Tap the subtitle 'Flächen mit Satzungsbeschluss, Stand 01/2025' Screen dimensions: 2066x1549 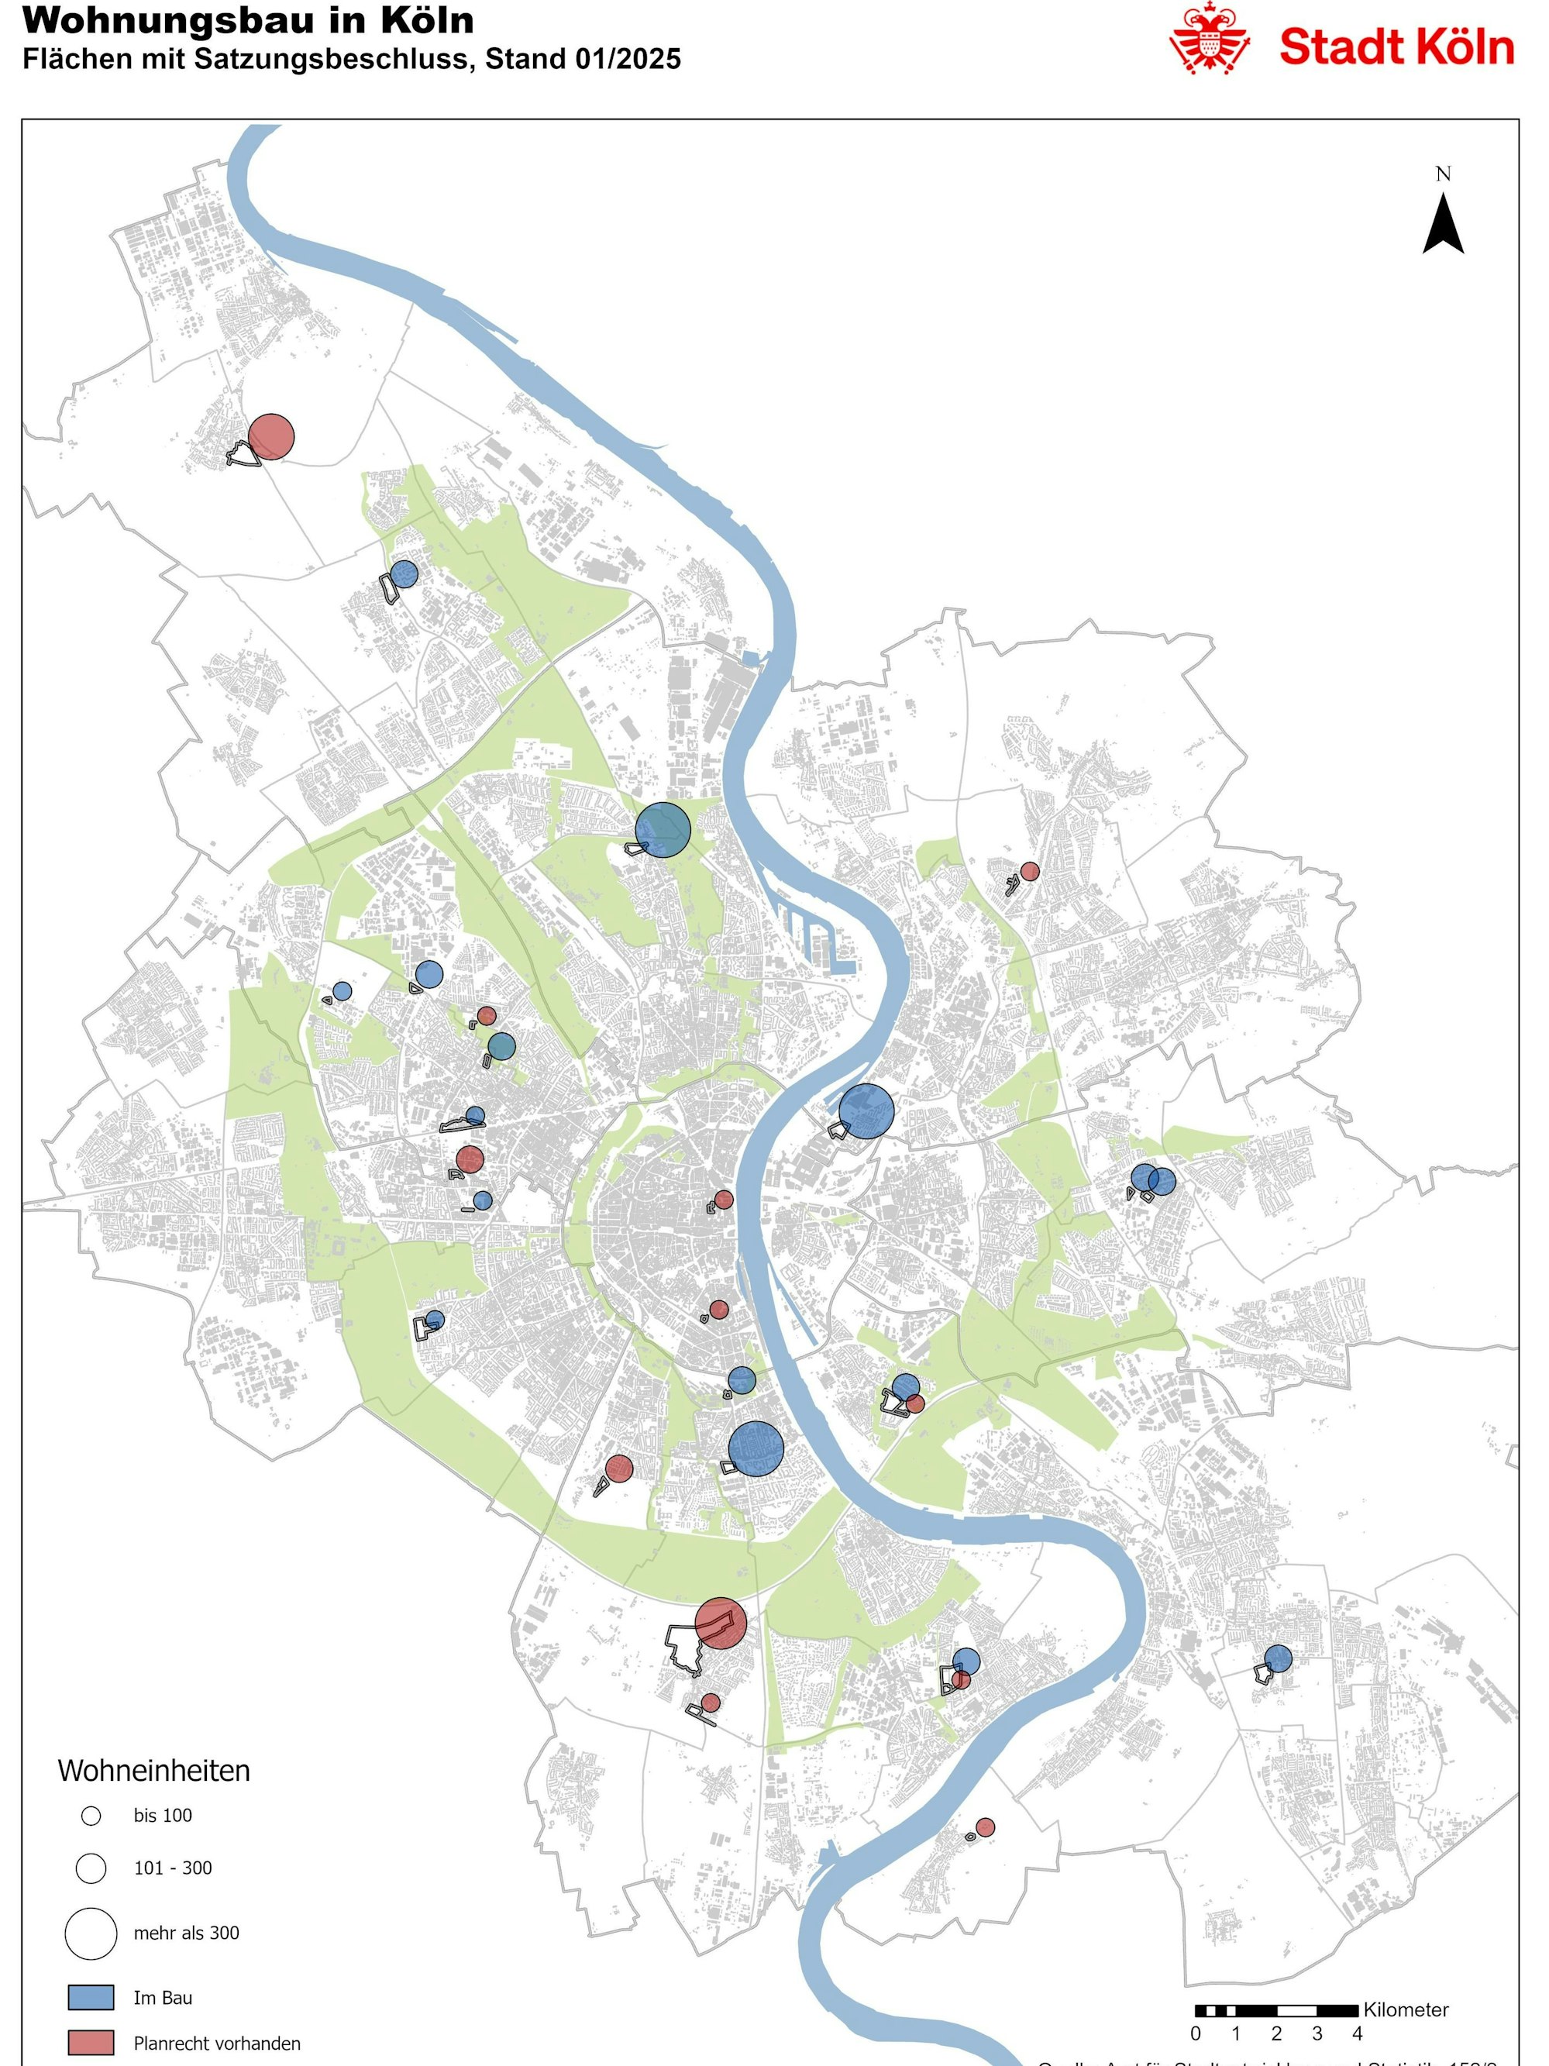click(351, 59)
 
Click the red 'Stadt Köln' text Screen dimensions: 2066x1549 click(1395, 46)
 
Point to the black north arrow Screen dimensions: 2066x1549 click(1443, 224)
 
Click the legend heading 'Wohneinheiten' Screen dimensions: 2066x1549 click(154, 1771)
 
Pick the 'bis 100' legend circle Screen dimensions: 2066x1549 click(91, 1816)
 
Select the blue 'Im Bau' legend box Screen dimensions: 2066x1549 click(91, 1998)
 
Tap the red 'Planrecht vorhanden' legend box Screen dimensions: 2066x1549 click(91, 2043)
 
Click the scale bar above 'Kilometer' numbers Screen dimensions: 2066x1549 click(1275, 2010)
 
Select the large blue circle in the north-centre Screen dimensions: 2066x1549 click(663, 830)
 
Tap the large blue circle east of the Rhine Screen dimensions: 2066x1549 click(866, 1111)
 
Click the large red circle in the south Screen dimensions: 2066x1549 click(721, 1624)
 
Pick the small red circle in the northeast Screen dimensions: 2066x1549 click(1030, 871)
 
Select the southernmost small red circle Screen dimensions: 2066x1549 click(985, 1827)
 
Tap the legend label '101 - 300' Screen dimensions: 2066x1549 click(173, 1868)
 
